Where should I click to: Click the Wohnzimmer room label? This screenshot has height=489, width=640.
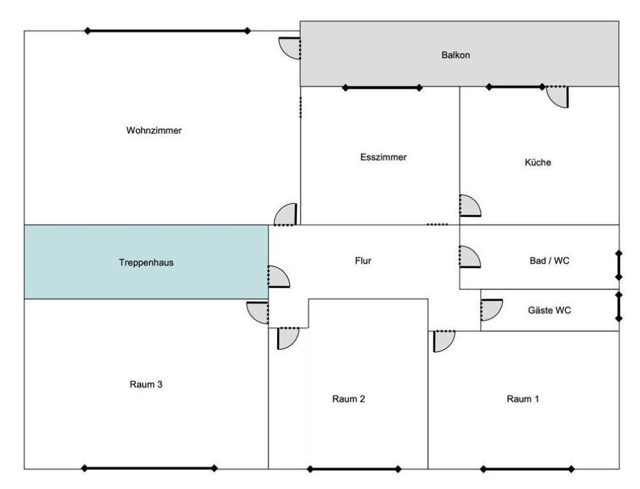click(x=154, y=130)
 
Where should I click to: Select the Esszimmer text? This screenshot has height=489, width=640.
click(x=383, y=157)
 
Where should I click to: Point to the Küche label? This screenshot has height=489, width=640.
click(x=537, y=163)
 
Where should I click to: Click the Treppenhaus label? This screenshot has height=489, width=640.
click(x=146, y=263)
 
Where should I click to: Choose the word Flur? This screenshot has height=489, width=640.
click(x=362, y=261)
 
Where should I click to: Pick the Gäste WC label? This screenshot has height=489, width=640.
click(x=549, y=310)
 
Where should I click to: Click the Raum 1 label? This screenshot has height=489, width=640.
click(x=522, y=399)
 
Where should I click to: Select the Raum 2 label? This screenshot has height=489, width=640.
click(x=349, y=399)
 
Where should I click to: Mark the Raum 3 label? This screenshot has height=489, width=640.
click(x=145, y=384)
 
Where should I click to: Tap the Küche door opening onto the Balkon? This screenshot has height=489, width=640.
click(x=557, y=96)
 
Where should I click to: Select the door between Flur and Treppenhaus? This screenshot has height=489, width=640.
click(x=278, y=276)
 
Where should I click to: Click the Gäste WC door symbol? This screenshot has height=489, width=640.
click(x=491, y=309)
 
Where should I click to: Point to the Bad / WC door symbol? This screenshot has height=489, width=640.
click(x=469, y=256)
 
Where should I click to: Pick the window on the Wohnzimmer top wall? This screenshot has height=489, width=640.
click(x=167, y=31)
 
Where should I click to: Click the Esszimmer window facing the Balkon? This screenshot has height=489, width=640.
click(x=382, y=88)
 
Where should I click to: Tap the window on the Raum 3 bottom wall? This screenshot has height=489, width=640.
click(x=149, y=468)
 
